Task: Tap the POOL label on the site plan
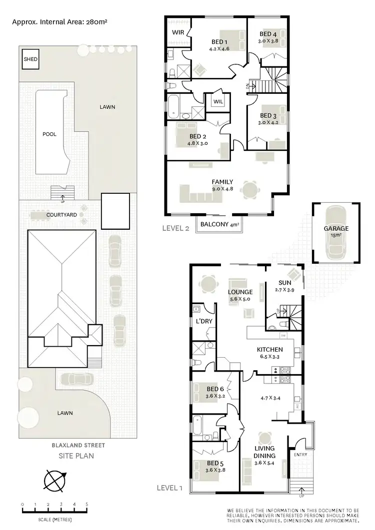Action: (49, 134)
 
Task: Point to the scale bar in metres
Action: (54, 510)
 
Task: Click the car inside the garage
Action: (335, 233)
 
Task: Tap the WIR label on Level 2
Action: (178, 31)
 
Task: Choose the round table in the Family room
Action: (248, 190)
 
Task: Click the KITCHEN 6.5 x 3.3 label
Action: (270, 353)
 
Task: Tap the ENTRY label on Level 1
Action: (300, 455)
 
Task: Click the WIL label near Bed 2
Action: (218, 101)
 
